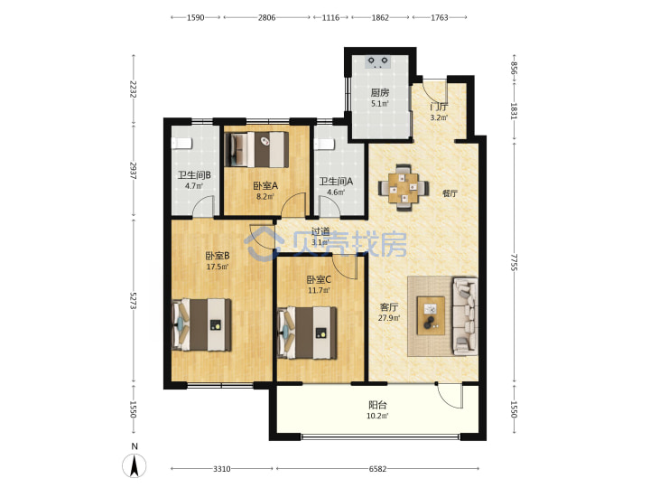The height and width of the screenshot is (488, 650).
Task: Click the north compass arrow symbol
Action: click(x=135, y=465)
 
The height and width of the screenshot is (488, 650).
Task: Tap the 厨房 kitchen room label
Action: click(x=380, y=92)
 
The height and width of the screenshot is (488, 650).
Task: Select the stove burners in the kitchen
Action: click(x=378, y=61)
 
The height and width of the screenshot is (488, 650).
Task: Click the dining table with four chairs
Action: click(x=404, y=188)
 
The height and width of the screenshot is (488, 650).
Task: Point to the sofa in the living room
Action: click(x=466, y=316)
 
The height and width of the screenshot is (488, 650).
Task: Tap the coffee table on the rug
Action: click(x=431, y=315)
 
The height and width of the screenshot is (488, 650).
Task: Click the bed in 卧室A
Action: click(x=256, y=149)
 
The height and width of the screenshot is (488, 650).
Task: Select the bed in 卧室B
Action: click(x=201, y=324)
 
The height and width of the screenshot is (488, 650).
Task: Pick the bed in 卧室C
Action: click(x=307, y=333)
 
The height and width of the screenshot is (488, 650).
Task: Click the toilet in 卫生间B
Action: click(x=182, y=143)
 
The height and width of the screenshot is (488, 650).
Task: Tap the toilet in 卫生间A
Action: click(x=325, y=144)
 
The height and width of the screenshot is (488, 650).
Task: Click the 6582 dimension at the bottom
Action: click(x=377, y=469)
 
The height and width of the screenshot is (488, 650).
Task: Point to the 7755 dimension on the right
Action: click(x=514, y=262)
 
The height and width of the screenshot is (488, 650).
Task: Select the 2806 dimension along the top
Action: click(x=266, y=17)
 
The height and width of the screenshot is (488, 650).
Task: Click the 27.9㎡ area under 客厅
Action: click(x=389, y=318)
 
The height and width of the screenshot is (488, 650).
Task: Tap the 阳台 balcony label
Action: click(x=377, y=405)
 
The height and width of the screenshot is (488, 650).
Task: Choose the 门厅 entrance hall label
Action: click(x=439, y=107)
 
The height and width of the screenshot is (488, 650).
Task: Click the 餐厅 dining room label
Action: click(x=450, y=193)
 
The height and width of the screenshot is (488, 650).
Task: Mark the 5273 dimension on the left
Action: click(x=133, y=300)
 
